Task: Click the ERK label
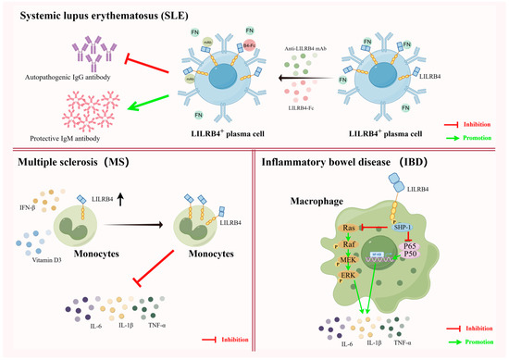click(348, 276)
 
